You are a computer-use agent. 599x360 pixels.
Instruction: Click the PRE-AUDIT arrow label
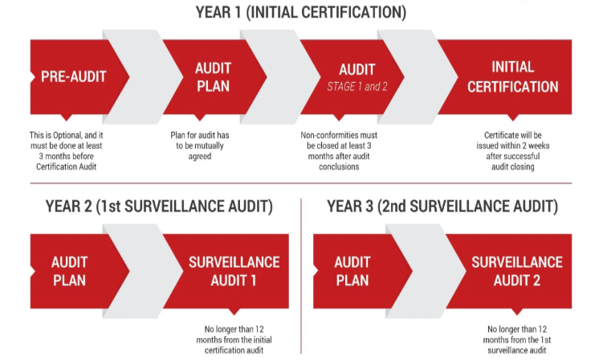coord(74,77)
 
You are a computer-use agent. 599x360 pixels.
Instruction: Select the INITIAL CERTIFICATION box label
coord(512,77)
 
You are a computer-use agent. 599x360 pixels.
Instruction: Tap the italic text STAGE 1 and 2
coord(357,87)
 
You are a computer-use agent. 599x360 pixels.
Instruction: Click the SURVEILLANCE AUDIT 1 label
coord(234,272)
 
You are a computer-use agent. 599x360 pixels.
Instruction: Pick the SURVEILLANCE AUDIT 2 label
coord(517,272)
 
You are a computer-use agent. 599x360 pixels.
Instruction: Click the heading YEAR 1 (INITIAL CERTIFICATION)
coord(301,12)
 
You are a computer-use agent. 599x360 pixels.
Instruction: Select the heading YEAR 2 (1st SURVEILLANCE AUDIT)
coord(159,207)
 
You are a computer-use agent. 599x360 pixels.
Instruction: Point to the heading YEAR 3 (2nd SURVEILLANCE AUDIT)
coord(442,207)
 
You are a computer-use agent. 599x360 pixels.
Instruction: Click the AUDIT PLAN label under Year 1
coord(213,77)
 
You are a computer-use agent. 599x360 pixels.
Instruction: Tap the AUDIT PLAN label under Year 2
coord(70,272)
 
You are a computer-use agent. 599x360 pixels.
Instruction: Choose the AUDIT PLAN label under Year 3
coord(352,272)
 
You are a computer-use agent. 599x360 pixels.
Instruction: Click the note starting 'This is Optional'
coord(66,151)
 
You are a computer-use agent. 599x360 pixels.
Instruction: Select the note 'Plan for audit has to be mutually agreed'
coord(200,145)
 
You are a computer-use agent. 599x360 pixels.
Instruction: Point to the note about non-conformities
coord(339,151)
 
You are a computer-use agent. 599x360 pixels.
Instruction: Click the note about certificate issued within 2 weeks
coord(512,151)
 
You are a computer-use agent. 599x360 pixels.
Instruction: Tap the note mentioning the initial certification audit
coord(234,340)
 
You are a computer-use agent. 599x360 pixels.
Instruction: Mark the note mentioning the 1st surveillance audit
coord(517,340)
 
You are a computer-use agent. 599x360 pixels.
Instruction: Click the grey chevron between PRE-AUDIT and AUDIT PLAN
coord(143,77)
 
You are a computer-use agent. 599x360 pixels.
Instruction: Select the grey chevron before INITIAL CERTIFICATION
coord(418,77)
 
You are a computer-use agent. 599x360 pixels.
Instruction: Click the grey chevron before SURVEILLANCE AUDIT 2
coord(426,272)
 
